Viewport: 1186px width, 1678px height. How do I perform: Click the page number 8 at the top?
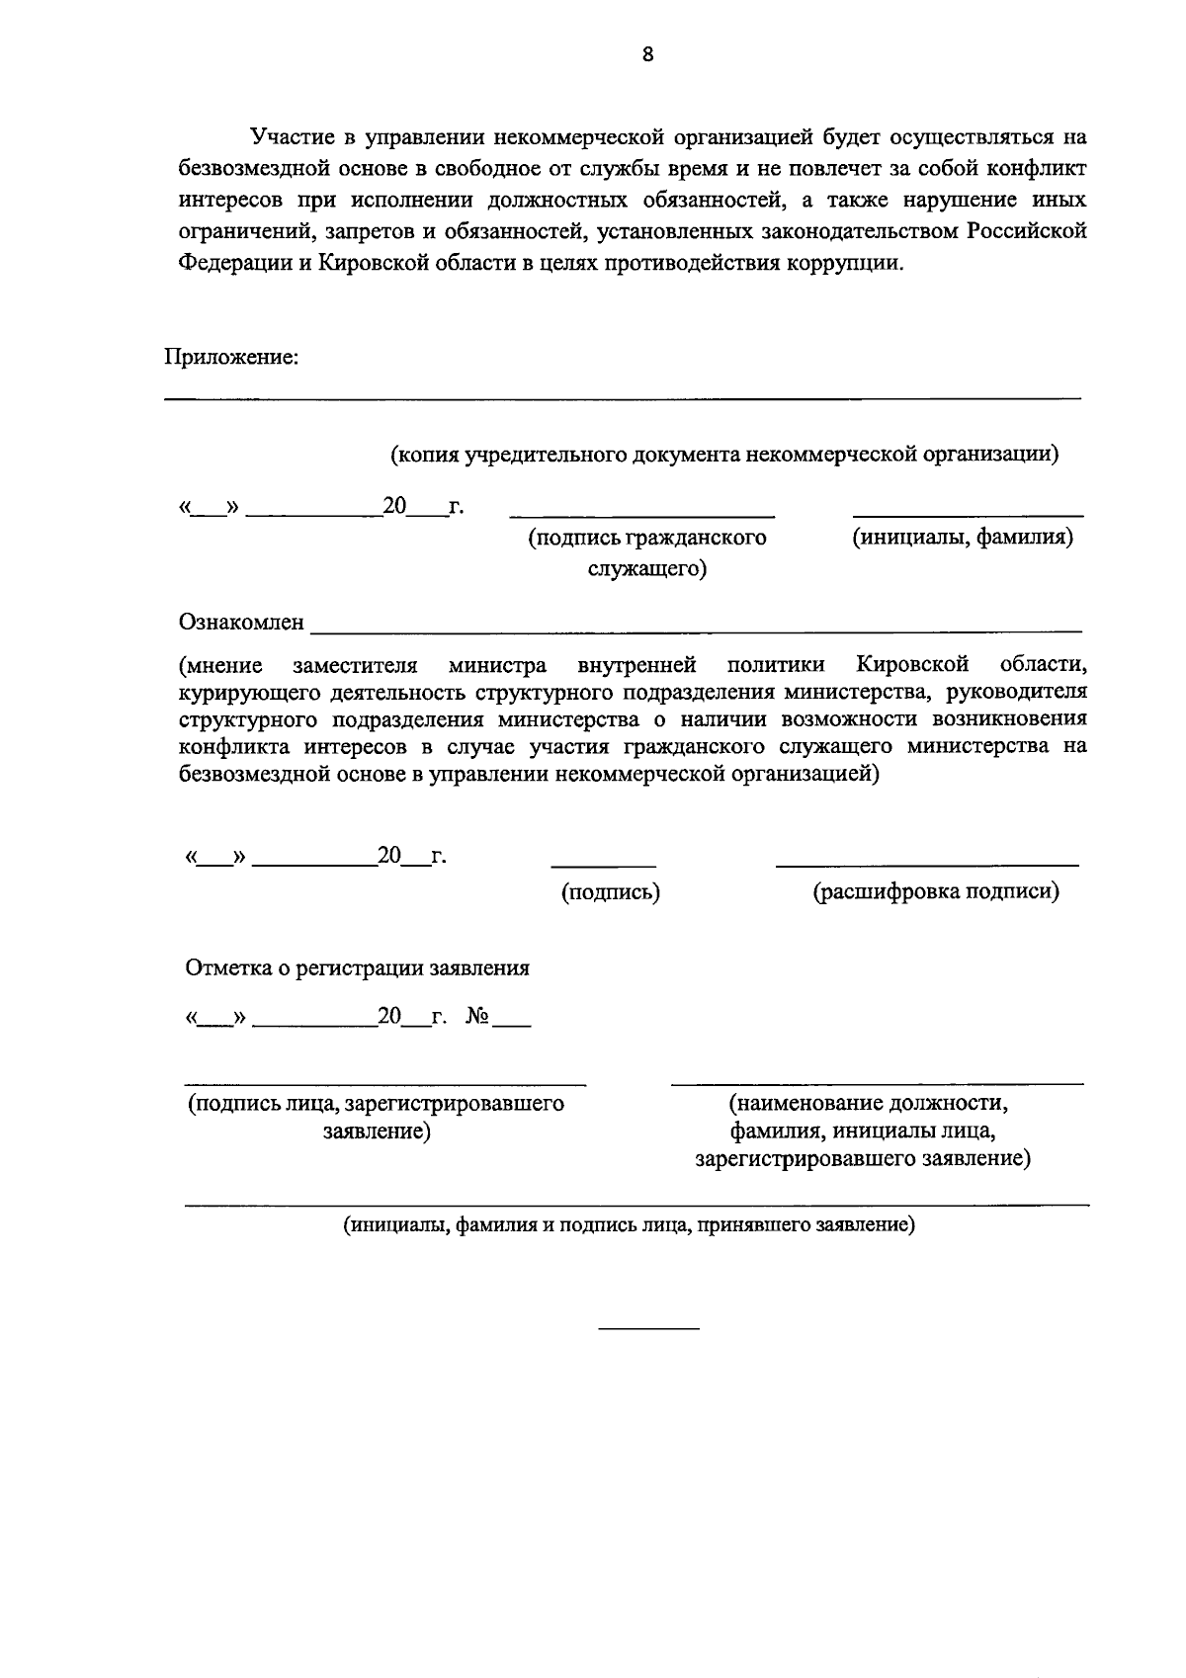(x=647, y=54)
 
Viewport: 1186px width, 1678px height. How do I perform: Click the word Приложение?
(x=230, y=358)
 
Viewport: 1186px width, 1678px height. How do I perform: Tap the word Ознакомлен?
(x=242, y=623)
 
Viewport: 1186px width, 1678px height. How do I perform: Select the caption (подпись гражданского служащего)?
(x=647, y=552)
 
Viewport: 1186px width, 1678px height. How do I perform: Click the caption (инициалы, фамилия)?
(x=964, y=538)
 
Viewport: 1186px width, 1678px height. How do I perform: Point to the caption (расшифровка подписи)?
(x=936, y=892)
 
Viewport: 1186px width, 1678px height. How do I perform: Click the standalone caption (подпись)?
(x=611, y=892)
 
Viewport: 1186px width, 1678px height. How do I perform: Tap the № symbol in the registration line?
(x=477, y=1017)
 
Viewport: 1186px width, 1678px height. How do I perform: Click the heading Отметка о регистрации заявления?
(x=357, y=968)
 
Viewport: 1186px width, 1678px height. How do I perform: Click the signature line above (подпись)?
(x=603, y=866)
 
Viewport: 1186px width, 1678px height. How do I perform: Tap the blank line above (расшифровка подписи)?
(x=926, y=866)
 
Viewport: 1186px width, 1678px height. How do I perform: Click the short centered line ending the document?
(x=649, y=1327)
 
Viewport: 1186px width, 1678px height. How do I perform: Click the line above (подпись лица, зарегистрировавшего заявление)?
(x=385, y=1082)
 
